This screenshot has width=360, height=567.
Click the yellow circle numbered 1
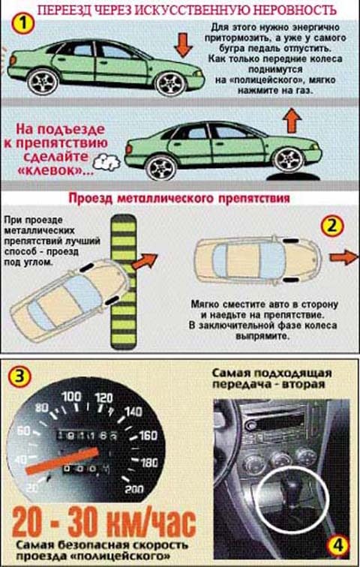coord(23,24)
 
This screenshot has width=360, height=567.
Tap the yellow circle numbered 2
coord(331,226)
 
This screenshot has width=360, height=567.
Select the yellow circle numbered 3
coord(20,377)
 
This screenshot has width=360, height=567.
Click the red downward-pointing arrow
coord(183,45)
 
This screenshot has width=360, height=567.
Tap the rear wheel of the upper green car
coord(43,82)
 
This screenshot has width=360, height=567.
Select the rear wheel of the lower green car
coord(163,167)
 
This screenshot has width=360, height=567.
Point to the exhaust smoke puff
coord(106,162)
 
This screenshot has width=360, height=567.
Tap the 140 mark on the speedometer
coord(133,412)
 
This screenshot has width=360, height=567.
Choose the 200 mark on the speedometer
coord(134,489)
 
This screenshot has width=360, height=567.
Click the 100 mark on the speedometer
coord(72,396)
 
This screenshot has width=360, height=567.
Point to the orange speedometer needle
coord(62,460)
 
